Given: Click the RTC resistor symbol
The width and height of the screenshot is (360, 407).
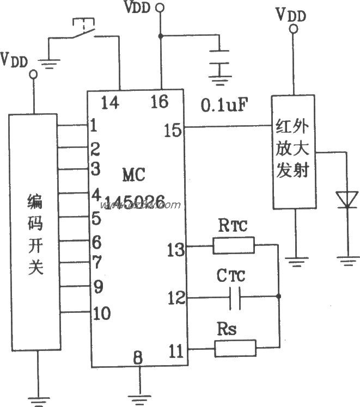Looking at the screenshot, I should pyautogui.click(x=233, y=246).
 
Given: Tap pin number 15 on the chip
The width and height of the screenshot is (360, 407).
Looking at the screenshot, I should pyautogui.click(x=172, y=129).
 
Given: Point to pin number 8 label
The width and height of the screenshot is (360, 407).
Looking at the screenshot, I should pyautogui.click(x=138, y=357).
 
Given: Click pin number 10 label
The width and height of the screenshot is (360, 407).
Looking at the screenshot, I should pyautogui.click(x=102, y=313).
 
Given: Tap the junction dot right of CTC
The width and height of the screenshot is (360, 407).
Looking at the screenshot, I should pyautogui.click(x=279, y=297).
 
